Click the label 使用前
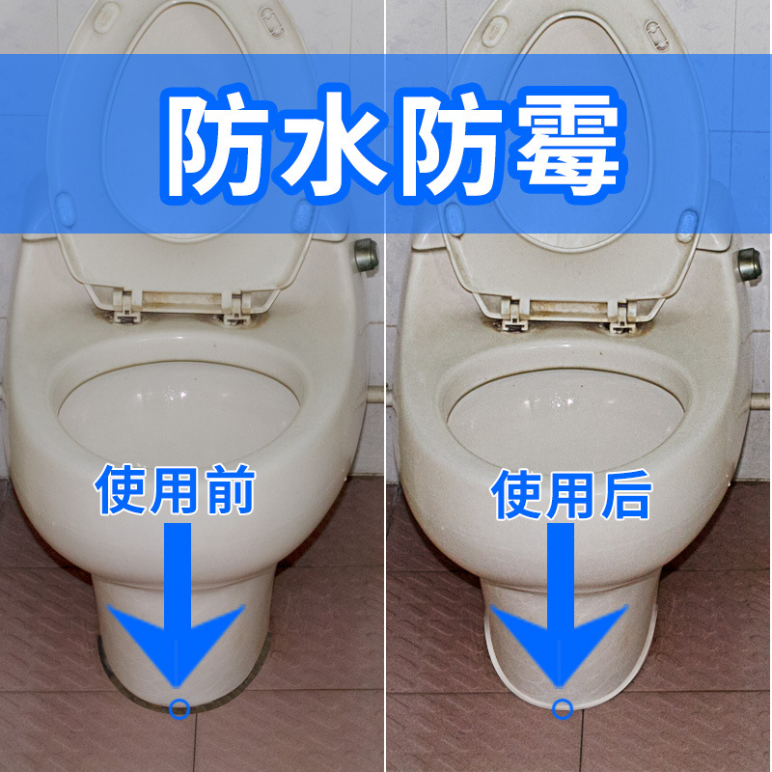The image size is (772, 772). (x=176, y=490)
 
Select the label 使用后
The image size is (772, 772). (x=571, y=494)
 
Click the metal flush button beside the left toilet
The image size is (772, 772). (x=367, y=255)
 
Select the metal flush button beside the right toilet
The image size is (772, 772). (x=750, y=264)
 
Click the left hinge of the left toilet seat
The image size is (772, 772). (x=124, y=306)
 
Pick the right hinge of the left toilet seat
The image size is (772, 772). (x=235, y=308)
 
